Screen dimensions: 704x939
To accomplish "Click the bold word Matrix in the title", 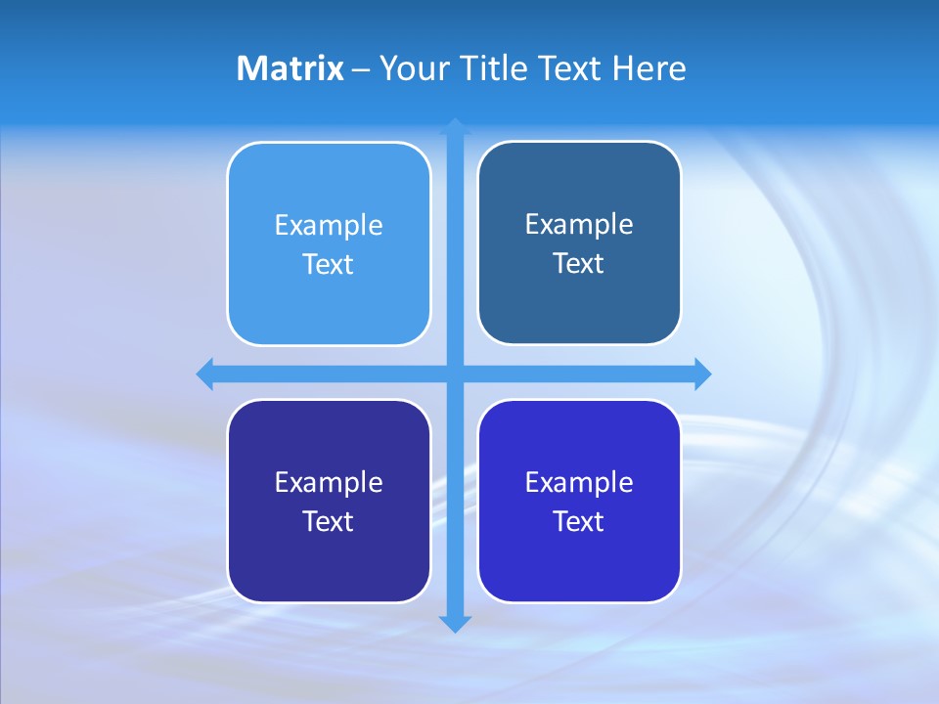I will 290,68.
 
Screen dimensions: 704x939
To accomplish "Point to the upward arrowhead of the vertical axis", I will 455,126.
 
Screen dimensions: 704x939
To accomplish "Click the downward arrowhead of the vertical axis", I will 455,623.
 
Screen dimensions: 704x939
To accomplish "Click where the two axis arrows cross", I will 455,374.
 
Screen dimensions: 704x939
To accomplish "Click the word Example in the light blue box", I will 329,226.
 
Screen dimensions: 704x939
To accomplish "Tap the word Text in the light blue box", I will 329,265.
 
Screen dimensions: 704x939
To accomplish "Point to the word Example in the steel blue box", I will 579,225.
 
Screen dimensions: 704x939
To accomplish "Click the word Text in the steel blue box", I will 579,264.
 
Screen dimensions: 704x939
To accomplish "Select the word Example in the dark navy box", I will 329,483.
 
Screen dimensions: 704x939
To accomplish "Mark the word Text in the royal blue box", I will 579,522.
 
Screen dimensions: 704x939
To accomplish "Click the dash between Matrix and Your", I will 361,69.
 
